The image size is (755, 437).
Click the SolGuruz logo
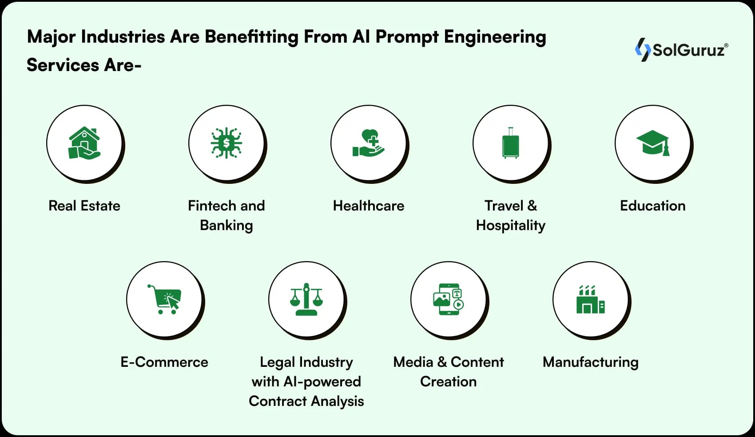(x=681, y=49)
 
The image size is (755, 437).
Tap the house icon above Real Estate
(x=84, y=143)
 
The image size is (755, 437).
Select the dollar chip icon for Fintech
(x=226, y=143)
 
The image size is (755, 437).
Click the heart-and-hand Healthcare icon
(x=369, y=143)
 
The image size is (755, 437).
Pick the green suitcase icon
(x=510, y=143)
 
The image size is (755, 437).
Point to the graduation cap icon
(x=652, y=143)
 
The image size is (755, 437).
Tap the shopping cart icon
(x=164, y=299)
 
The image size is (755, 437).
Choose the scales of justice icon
(x=306, y=299)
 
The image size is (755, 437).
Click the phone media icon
(x=449, y=299)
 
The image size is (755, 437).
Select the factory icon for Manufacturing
(x=590, y=299)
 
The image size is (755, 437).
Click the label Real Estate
(x=84, y=206)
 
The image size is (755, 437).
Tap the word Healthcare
(x=369, y=206)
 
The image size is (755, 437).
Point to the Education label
(x=652, y=206)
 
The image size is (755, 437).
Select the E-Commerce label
(x=164, y=362)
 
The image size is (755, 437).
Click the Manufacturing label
(x=590, y=362)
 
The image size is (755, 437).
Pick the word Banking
(x=226, y=225)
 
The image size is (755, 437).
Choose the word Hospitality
(x=510, y=225)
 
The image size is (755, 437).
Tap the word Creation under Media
(x=449, y=381)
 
